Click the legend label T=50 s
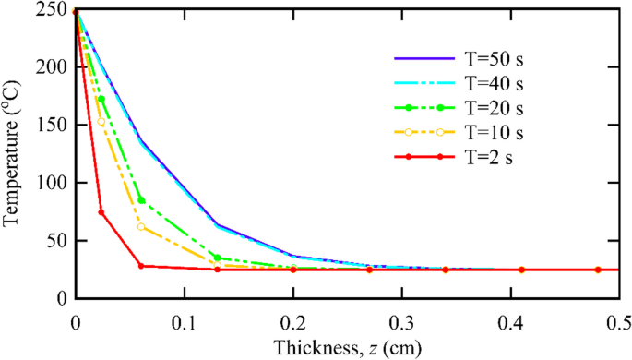point(497,59)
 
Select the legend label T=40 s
point(497,84)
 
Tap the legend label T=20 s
point(497,108)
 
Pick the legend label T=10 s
point(497,132)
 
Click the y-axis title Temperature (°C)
point(13,155)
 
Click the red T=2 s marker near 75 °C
point(101,213)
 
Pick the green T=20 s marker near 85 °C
point(141,200)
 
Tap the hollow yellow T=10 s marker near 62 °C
point(141,227)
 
